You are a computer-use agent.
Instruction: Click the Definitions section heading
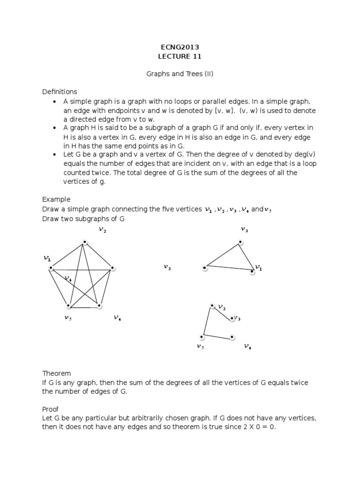tap(60, 92)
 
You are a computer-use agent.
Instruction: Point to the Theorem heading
tap(56, 374)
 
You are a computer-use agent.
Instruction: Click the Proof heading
tap(51, 409)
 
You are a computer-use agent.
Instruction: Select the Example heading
tap(56, 199)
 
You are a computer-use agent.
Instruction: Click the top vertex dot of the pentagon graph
tap(85, 242)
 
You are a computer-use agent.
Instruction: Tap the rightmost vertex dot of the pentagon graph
tap(112, 269)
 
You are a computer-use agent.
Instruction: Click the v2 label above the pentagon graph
tap(102, 230)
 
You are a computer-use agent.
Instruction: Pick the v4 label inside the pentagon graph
tap(68, 278)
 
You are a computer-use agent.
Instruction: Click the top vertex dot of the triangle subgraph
tap(240, 242)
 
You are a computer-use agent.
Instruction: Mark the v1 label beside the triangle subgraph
tap(259, 268)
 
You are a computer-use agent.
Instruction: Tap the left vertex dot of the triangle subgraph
tap(205, 268)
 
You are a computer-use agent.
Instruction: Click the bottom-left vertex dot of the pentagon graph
tap(68, 306)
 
